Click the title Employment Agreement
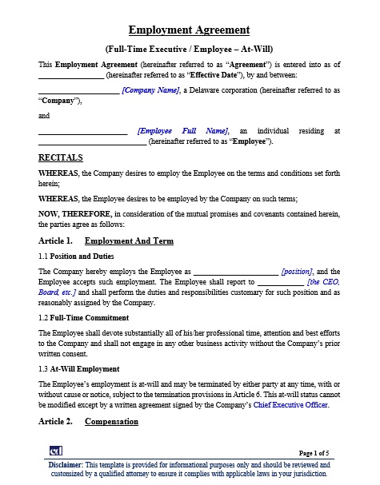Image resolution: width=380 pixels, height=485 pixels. [190, 30]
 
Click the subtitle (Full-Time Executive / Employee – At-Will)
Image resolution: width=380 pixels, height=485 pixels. [190, 49]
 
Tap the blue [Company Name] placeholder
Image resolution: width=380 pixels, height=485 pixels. [150, 90]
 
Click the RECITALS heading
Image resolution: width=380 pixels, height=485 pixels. [60, 157]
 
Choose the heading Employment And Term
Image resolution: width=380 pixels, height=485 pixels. [129, 241]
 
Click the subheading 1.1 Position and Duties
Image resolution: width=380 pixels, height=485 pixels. [76, 256]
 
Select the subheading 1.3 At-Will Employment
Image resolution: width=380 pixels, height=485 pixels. [79, 369]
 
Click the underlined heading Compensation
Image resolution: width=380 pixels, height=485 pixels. [111, 421]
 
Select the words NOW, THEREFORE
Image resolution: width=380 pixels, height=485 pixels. [74, 213]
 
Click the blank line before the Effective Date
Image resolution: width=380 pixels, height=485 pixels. [70, 77]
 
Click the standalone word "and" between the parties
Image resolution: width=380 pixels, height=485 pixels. [44, 116]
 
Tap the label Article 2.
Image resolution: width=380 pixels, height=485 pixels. [55, 421]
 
